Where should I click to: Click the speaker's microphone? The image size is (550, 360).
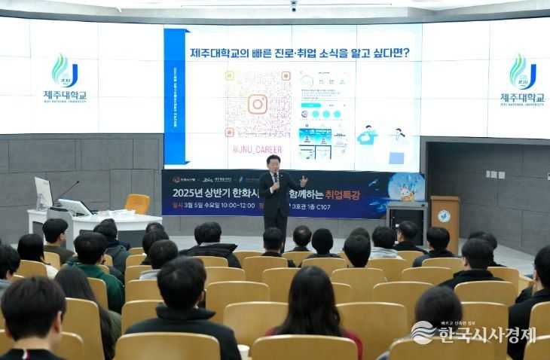(276, 177)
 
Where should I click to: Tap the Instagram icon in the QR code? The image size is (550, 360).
(258, 104)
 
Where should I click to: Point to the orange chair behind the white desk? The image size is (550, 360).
(137, 203)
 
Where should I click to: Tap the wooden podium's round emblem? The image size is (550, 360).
(444, 216)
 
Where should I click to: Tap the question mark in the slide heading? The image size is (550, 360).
(405, 53)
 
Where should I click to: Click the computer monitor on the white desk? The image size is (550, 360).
(44, 194)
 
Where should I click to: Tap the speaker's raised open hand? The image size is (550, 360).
(303, 181)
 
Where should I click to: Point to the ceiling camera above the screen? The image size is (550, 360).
(293, 6)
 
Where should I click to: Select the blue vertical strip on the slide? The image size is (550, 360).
(175, 98)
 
